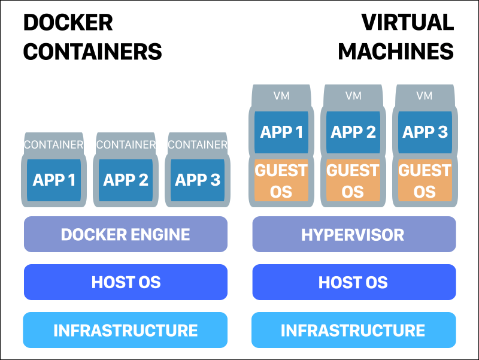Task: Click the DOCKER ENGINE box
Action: coord(126,234)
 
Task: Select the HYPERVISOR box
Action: coord(353,234)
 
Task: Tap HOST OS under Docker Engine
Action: coord(126,282)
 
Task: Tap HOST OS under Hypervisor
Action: coord(353,282)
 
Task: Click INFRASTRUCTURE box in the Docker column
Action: coord(126,330)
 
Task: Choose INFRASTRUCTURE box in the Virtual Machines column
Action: coord(353,330)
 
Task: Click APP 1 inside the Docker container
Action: coord(54,180)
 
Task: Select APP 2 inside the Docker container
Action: coord(126,180)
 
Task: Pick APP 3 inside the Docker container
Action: coord(198,180)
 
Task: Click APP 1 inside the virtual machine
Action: coord(281,132)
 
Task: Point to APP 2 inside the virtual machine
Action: coord(353,132)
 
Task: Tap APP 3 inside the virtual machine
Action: coord(425,132)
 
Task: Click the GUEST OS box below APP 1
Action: coord(281,180)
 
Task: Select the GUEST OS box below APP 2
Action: coord(353,180)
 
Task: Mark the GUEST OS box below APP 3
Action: coord(425,180)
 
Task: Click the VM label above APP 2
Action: coord(353,96)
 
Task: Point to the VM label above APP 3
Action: coord(425,96)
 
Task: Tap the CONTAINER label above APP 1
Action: coord(54,145)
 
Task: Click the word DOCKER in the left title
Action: coord(68,23)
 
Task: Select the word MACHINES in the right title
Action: coord(396,52)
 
